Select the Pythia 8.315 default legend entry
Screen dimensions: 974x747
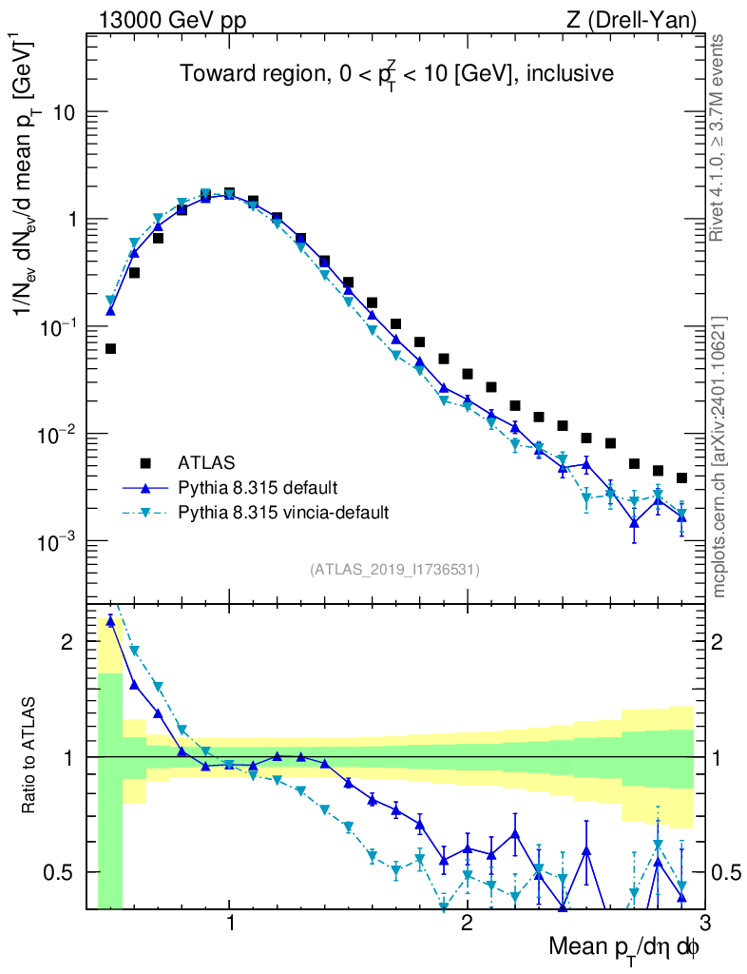tap(257, 488)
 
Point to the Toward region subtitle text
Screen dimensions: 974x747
tap(397, 73)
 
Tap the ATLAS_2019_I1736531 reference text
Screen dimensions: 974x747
tap(394, 570)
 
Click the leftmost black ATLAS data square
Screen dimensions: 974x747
tap(110, 349)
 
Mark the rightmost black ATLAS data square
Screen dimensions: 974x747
tap(681, 477)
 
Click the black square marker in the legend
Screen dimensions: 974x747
tap(145, 463)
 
